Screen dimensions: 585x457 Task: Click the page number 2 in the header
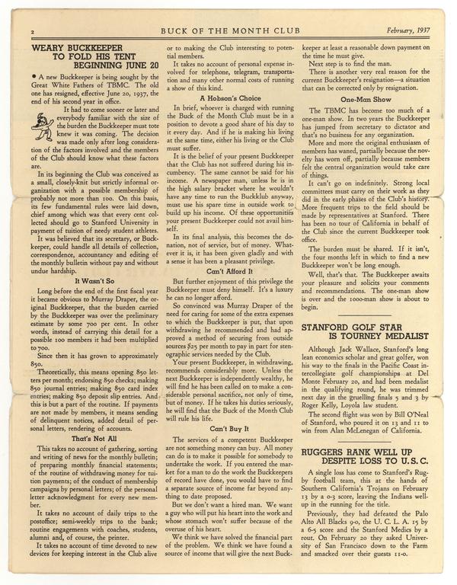tap(34, 32)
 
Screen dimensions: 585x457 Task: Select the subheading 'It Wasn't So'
tap(94, 280)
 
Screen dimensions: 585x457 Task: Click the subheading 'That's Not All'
tap(94, 438)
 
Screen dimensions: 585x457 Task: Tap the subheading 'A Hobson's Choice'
tap(228, 97)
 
